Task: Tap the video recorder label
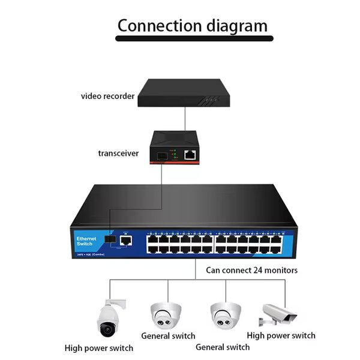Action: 107,96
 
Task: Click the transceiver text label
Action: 118,153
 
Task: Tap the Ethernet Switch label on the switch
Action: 85,241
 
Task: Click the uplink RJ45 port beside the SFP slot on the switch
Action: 126,241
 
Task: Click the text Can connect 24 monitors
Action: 252,270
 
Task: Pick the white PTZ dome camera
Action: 107,318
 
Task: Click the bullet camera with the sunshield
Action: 280,314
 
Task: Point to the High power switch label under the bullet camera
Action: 281,335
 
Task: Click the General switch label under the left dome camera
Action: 168,336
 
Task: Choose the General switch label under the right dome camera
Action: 223,347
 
